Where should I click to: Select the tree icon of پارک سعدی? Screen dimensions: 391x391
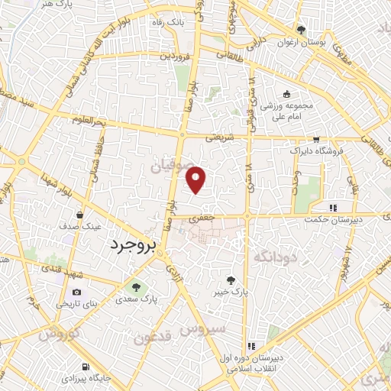pyautogui.click(x=136, y=288)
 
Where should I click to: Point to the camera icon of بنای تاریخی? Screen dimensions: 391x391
pyautogui.click(x=76, y=292)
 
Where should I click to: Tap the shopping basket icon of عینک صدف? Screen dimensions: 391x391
pyautogui.click(x=80, y=215)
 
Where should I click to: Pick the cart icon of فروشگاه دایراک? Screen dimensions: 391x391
pyautogui.click(x=316, y=139)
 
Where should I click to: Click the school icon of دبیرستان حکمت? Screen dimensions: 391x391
pyautogui.click(x=332, y=207)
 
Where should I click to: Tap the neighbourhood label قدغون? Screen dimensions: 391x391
pyautogui.click(x=153, y=336)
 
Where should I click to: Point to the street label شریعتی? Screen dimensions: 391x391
pyautogui.click(x=220, y=138)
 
